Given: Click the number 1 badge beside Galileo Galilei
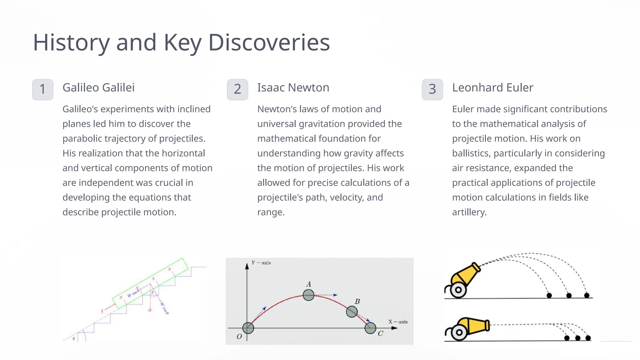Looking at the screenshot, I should (42, 89).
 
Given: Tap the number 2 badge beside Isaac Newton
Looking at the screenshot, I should (237, 89).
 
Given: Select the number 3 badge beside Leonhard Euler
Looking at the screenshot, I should (432, 89).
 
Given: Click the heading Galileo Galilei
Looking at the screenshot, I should (98, 88).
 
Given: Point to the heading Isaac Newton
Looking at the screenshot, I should (293, 88).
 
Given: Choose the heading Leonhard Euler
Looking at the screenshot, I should (492, 88).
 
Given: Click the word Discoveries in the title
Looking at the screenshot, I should (269, 42).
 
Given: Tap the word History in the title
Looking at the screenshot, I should (71, 42).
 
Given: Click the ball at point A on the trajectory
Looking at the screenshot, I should (308, 295).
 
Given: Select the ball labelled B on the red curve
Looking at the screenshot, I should (352, 312).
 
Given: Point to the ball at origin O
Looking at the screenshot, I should (248, 328).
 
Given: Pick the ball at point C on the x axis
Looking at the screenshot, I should (370, 328).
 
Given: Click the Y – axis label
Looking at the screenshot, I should (261, 263).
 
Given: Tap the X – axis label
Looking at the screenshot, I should (398, 322).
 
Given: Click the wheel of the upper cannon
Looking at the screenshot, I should (458, 290).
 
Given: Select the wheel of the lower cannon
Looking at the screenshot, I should (459, 332).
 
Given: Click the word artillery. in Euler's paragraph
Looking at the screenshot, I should (469, 212).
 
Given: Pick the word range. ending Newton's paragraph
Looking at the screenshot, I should (271, 212).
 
